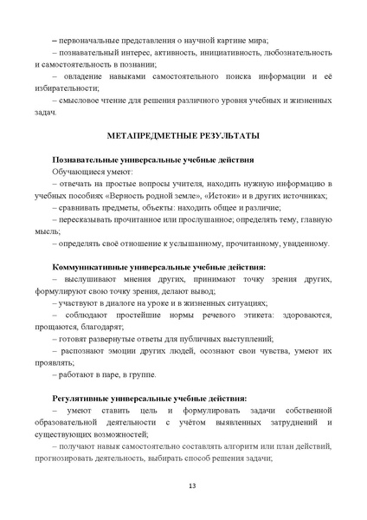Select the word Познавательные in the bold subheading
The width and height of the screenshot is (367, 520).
point(88,160)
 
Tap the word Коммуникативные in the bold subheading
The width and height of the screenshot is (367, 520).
point(93,266)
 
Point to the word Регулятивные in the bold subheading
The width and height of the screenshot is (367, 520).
point(84,397)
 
